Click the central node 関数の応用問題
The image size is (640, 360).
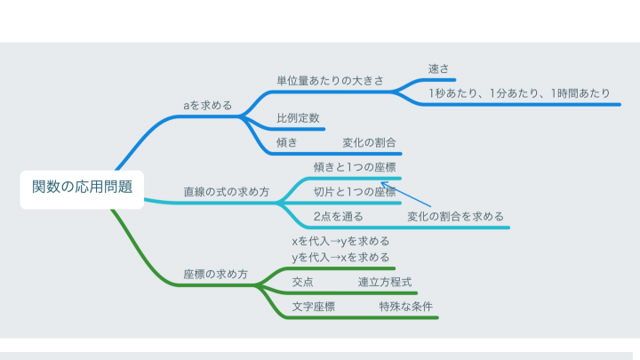click(82, 188)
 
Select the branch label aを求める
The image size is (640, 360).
click(208, 105)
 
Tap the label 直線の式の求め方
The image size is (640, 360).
click(227, 191)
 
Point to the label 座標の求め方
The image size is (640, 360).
click(215, 274)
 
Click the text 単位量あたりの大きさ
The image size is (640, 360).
click(330, 80)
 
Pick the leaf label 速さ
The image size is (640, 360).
click(438, 68)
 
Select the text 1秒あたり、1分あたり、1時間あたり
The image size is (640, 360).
click(519, 93)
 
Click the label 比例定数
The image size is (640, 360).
click(298, 118)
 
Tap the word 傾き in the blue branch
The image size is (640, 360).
click(287, 142)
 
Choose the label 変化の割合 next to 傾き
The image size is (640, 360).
click(370, 142)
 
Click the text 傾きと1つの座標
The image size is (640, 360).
click(355, 167)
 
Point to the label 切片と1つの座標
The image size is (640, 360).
click(355, 191)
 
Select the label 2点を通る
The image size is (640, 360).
click(339, 216)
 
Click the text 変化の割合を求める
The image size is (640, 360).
click(455, 216)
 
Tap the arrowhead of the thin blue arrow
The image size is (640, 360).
click(381, 183)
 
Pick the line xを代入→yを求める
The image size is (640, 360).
click(340, 241)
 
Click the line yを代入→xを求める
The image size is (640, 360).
click(340, 257)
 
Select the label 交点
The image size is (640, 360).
click(302, 282)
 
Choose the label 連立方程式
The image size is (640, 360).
click(385, 282)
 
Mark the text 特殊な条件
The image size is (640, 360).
click(405, 306)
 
